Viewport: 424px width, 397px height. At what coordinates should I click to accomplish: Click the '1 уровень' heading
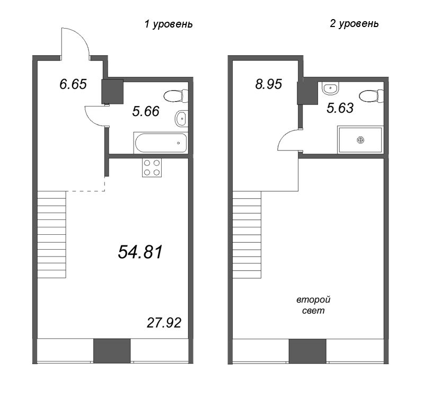[x=169, y=24]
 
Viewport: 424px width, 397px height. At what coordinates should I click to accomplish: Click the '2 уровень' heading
[x=354, y=24]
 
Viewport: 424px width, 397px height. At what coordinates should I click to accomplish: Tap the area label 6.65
[x=73, y=84]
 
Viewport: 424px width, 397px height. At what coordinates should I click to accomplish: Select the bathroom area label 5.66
[x=146, y=111]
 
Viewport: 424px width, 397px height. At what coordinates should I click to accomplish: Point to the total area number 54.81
[x=140, y=252]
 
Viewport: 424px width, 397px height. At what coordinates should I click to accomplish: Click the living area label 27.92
[x=164, y=323]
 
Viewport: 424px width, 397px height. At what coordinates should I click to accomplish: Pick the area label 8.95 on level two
[x=269, y=84]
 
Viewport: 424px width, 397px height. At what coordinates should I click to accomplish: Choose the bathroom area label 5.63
[x=340, y=108]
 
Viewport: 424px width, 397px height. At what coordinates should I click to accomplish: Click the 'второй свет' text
[x=313, y=305]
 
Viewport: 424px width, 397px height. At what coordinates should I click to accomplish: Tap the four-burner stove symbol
[x=152, y=167]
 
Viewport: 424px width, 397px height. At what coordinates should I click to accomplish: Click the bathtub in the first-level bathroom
[x=161, y=143]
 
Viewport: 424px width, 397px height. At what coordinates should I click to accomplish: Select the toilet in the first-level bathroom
[x=176, y=96]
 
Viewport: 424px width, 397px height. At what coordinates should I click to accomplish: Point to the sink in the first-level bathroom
[x=181, y=118]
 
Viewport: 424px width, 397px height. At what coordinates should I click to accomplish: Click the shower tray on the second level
[x=360, y=140]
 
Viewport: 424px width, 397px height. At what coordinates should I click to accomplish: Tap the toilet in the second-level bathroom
[x=372, y=96]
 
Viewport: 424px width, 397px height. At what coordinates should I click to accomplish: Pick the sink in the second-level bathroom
[x=330, y=88]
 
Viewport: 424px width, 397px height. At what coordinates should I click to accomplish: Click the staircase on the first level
[x=51, y=234]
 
